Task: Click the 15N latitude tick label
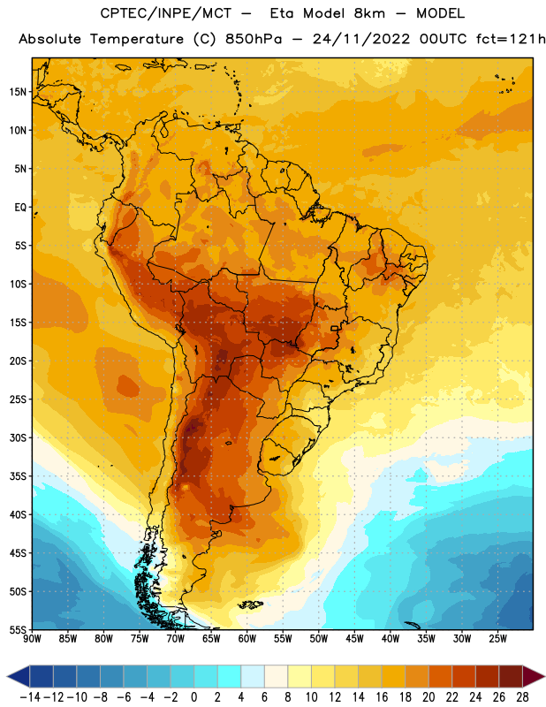tap(18, 92)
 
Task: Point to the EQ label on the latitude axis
tap(20, 208)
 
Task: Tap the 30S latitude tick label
tap(18, 437)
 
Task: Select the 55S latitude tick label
tap(18, 629)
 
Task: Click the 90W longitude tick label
tap(32, 638)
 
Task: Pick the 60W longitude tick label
tap(247, 638)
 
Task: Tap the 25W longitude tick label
tap(497, 638)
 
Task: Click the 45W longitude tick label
tap(354, 638)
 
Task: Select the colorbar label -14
tap(30, 697)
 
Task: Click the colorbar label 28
tap(522, 697)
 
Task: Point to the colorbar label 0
tap(194, 697)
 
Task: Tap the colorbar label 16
tap(382, 697)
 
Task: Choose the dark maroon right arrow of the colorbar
tap(533, 676)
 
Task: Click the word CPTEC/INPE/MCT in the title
tap(165, 13)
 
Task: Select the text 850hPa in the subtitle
tap(254, 39)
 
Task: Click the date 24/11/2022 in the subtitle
tap(361, 39)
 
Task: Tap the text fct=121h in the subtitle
tap(511, 39)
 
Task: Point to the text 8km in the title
tap(369, 13)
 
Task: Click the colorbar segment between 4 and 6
tap(253, 676)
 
